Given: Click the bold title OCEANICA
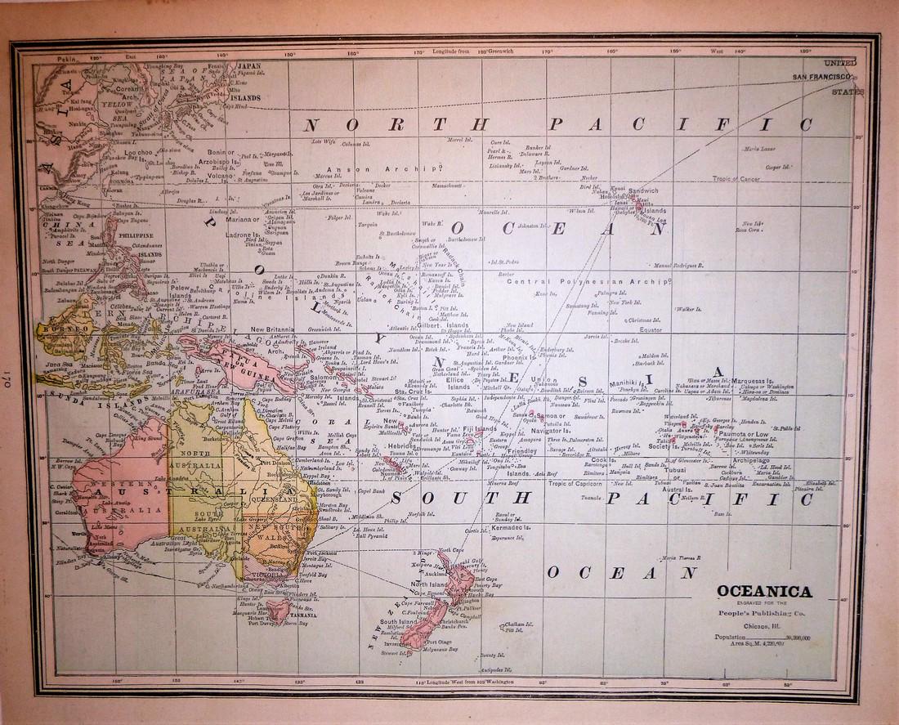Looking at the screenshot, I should tap(764, 592).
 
